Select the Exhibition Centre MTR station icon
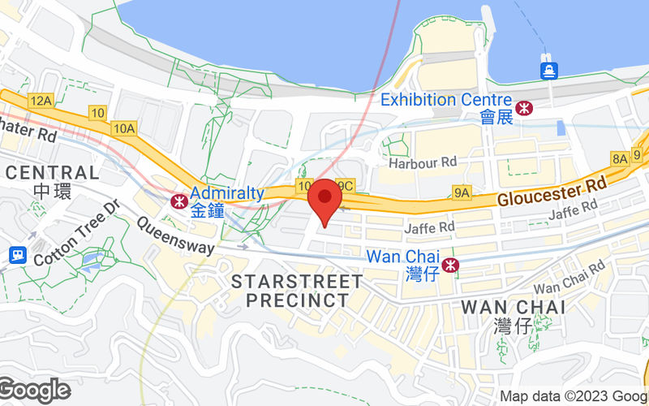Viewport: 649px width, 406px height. point(524,107)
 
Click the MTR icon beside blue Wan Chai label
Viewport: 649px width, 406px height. point(452,265)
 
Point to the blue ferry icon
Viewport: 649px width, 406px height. point(549,71)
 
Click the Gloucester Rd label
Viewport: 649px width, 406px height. point(552,192)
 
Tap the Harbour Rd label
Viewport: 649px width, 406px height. point(423,163)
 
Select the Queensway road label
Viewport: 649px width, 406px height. point(175,235)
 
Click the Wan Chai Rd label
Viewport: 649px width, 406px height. point(569,278)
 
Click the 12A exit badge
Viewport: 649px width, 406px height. point(40,101)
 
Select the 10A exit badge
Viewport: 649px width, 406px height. point(124,127)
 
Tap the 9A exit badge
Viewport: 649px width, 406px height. point(462,192)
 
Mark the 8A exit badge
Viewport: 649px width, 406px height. point(620,159)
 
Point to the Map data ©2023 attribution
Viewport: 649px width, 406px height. point(573,397)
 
